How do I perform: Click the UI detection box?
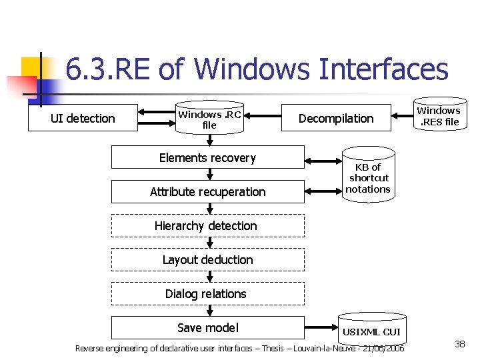pyautogui.click(x=83, y=119)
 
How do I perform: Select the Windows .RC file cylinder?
pyautogui.click(x=209, y=119)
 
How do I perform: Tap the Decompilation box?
pyautogui.click(x=335, y=119)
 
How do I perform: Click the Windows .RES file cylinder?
pyautogui.click(x=438, y=116)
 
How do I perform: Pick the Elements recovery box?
pyautogui.click(x=207, y=158)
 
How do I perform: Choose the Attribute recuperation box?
pyautogui.click(x=207, y=192)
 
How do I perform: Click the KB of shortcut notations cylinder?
pyautogui.click(x=368, y=178)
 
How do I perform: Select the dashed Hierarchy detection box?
pyautogui.click(x=207, y=226)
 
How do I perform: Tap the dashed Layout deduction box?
pyautogui.click(x=207, y=260)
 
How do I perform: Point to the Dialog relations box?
pyautogui.click(x=207, y=294)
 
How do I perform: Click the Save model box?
pyautogui.click(x=207, y=327)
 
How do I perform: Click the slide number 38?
pyautogui.click(x=459, y=344)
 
